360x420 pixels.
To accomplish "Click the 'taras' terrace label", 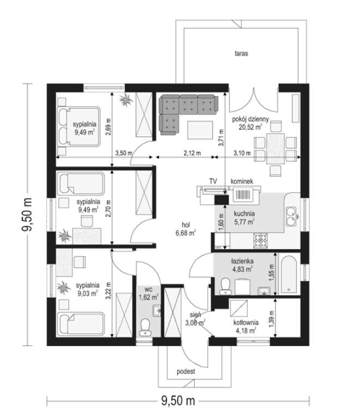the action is (x=241, y=54).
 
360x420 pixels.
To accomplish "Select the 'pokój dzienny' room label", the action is (x=250, y=119).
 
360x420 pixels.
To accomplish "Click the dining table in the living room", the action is (x=275, y=148).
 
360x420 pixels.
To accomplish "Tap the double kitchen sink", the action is (x=291, y=216).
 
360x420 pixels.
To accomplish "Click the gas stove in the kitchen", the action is (x=260, y=241).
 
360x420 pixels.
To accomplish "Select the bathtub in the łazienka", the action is (x=289, y=274).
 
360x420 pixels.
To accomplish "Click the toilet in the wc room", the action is (x=145, y=327).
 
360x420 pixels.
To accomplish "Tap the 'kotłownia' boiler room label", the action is (x=246, y=323).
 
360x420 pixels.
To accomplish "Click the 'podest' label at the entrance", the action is (x=186, y=372).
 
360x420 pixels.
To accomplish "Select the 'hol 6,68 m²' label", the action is (x=185, y=229).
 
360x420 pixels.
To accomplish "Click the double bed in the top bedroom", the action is (x=78, y=127).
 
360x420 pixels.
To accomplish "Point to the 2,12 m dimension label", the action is (x=192, y=153).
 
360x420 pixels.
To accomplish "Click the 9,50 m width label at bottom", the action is (x=178, y=401).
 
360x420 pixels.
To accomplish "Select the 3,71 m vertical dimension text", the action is (x=221, y=138).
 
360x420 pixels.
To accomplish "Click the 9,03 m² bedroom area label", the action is (x=88, y=293).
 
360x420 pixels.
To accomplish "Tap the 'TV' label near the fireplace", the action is (x=213, y=181).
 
